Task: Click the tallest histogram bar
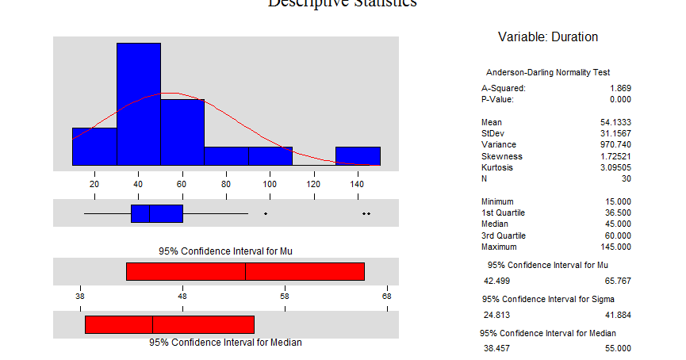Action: [x=139, y=104]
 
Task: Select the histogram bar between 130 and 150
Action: [x=358, y=156]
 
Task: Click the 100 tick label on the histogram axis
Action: [x=270, y=185]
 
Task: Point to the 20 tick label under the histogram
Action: [x=94, y=185]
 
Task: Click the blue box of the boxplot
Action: [x=157, y=213]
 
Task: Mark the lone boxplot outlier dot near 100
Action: [x=266, y=214]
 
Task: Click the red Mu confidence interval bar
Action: [x=245, y=271]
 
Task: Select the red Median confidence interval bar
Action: [x=169, y=324]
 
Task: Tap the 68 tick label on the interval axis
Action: [x=386, y=297]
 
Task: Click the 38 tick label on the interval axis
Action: [x=80, y=297]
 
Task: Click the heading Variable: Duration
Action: [x=548, y=37]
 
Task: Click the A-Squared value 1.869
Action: [x=620, y=88]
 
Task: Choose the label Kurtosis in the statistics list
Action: [x=497, y=168]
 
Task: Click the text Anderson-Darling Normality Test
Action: [x=548, y=72]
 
